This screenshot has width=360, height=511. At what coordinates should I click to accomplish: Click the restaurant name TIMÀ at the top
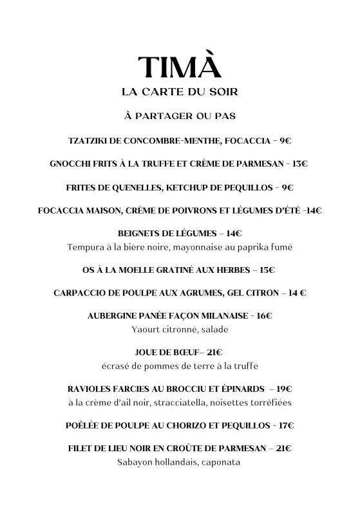tap(180, 68)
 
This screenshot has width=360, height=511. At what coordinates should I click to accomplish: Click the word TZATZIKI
tap(90, 140)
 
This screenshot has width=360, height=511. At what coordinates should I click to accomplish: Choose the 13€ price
tap(299, 164)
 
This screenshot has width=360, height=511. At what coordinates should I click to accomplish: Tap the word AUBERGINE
tap(113, 316)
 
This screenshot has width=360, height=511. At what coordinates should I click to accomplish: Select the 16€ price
tap(264, 316)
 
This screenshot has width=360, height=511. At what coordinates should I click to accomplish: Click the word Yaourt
tap(147, 329)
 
